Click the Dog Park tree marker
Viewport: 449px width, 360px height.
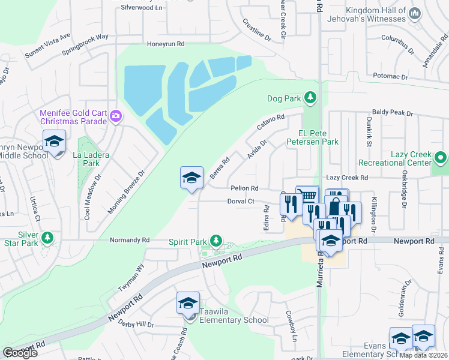(310, 97)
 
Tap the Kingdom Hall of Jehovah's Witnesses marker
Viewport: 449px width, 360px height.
(414, 13)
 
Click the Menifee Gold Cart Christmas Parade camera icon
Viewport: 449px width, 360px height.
(116, 118)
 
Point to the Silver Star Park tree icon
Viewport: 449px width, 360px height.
(47, 239)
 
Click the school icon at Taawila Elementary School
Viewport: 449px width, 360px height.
(188, 304)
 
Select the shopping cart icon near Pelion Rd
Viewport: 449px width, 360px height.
(307, 195)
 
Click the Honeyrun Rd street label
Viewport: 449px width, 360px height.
(166, 44)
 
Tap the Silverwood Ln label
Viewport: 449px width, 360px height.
(142, 7)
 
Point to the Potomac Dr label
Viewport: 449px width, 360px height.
(390, 77)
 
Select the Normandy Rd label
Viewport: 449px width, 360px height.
(129, 240)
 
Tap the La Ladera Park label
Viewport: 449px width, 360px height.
(91, 159)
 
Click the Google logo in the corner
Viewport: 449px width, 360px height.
(20, 353)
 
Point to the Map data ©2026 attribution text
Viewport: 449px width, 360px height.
(423, 355)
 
